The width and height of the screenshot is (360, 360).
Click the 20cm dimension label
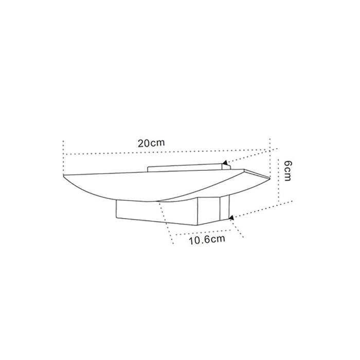151,143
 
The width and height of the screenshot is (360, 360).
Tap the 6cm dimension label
287,171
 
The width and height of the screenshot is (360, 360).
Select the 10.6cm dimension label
207,240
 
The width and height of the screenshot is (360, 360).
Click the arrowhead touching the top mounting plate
225,163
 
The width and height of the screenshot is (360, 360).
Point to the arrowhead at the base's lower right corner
231,218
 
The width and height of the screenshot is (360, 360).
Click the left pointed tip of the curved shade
63,175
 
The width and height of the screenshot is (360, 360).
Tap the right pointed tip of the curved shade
268,177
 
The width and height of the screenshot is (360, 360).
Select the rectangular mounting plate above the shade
185,168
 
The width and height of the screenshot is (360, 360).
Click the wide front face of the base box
157,212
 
